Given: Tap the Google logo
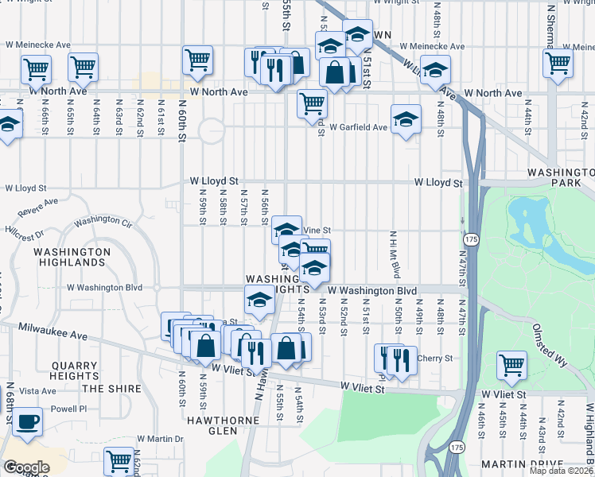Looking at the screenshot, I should (x=27, y=467).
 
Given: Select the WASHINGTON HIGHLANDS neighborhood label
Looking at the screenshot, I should (x=72, y=257).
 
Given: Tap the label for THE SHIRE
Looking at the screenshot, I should (x=111, y=389).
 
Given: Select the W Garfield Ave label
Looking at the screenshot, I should (x=359, y=127).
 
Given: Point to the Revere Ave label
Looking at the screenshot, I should (x=38, y=208).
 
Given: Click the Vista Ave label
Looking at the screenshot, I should (x=38, y=391).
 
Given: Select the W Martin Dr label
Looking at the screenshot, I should (x=161, y=438).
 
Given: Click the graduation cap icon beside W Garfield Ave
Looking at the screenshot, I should (x=406, y=121).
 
